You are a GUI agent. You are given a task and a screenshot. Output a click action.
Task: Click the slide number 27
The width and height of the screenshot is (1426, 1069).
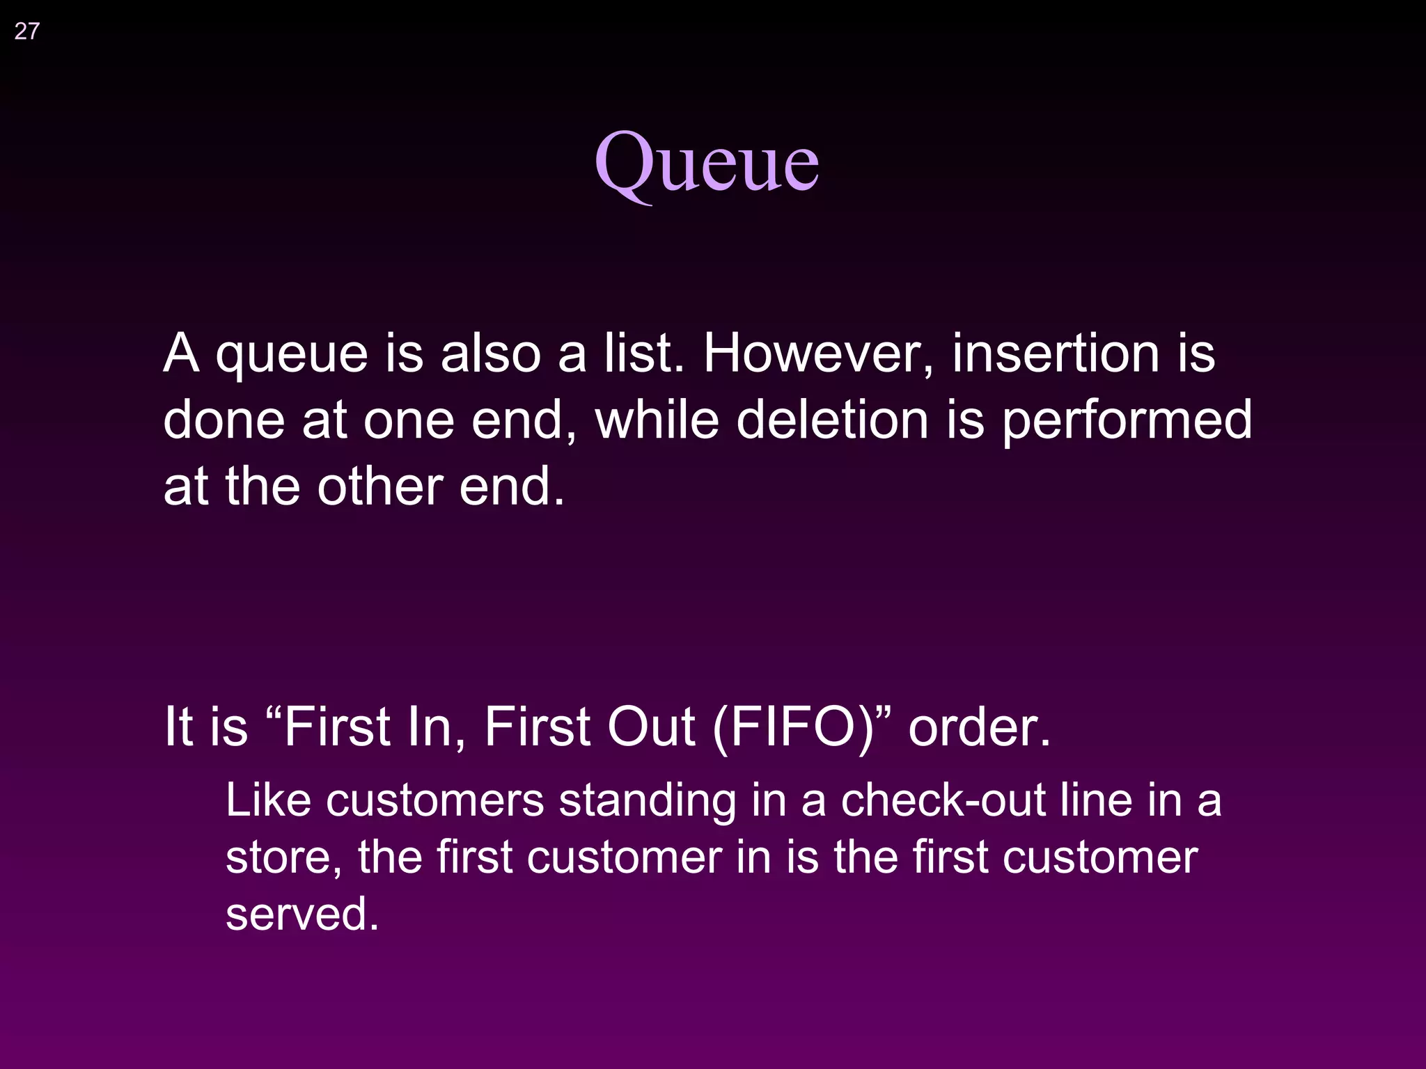(26, 31)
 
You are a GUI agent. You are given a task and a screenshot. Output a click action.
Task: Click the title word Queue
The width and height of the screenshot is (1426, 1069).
(706, 164)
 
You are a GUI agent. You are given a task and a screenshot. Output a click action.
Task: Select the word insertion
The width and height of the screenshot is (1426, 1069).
(1057, 354)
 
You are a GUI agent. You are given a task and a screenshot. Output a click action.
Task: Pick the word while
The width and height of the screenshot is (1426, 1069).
(657, 420)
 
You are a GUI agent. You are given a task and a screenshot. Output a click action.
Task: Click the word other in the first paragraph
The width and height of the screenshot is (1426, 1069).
(380, 486)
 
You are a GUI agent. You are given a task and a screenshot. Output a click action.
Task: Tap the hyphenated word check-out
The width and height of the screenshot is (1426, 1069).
(943, 800)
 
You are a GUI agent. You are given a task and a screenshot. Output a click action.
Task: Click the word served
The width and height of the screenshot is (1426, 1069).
(302, 914)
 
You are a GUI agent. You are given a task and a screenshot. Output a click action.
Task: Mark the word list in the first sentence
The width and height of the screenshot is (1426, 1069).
(643, 354)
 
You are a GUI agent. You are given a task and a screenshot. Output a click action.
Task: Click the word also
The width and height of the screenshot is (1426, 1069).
(491, 354)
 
